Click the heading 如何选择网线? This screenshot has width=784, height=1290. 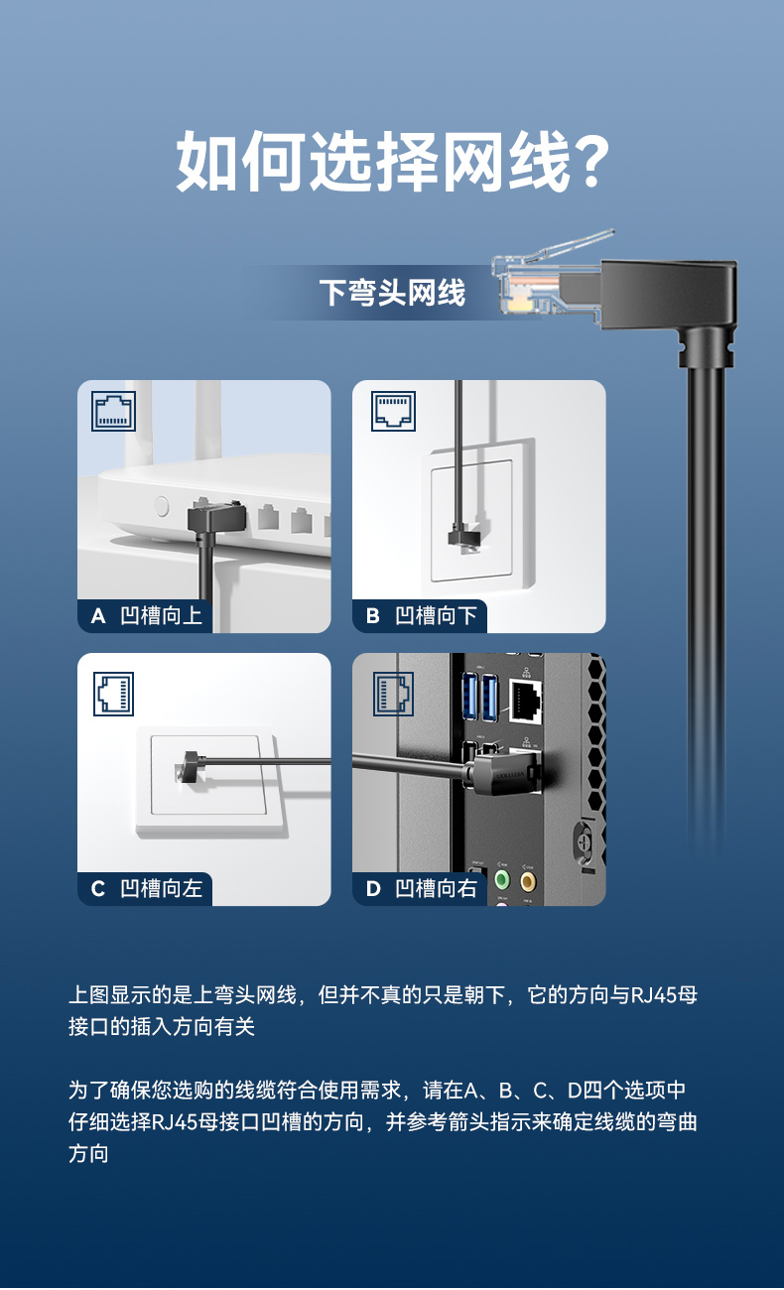point(393,161)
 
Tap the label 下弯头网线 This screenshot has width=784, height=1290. point(392,292)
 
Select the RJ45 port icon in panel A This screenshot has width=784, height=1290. point(113,411)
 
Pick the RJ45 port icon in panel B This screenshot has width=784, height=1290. point(393,411)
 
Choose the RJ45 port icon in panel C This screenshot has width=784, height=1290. point(113,694)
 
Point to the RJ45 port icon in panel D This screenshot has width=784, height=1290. point(393,694)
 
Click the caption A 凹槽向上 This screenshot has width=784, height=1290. point(146,615)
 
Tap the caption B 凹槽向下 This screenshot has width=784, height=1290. point(421,615)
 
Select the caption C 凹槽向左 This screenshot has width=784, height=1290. point(146,888)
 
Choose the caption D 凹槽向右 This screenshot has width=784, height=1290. point(421,888)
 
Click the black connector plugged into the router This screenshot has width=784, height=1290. point(216,517)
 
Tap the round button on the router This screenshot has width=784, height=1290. point(162,506)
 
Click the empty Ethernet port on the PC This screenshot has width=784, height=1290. point(525,700)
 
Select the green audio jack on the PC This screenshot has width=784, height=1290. point(502,880)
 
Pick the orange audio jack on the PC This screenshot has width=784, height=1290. point(528,880)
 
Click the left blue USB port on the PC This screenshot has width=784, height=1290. point(470,698)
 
